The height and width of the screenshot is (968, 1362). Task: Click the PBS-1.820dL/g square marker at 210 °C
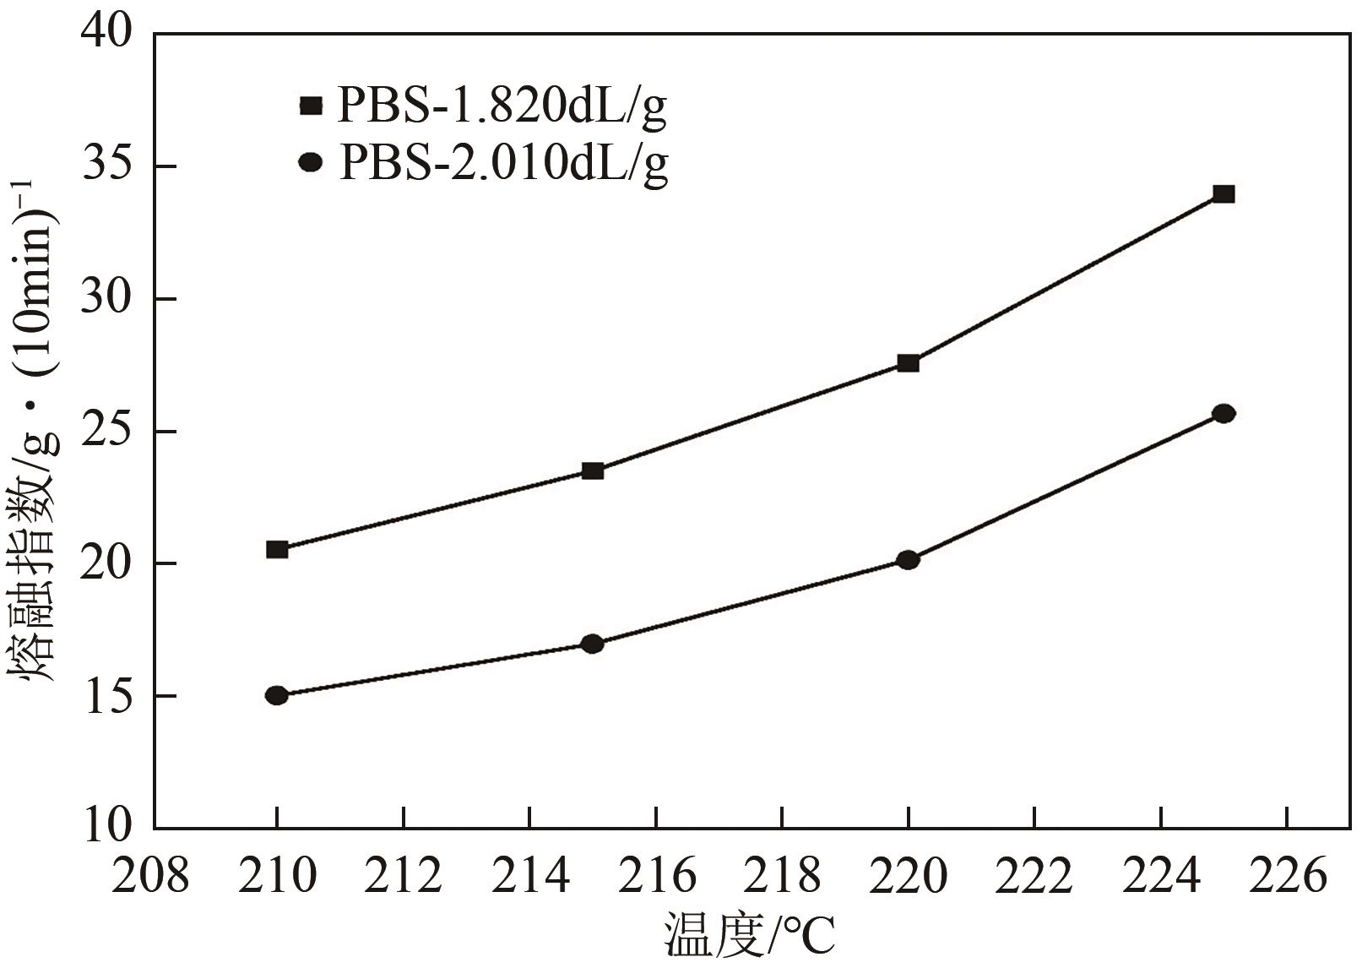[x=277, y=549]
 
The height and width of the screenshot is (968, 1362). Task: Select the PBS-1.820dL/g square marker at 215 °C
[x=593, y=470]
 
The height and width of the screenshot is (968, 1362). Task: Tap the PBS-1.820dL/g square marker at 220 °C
[x=908, y=363]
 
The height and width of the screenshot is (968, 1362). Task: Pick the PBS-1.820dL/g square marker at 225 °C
[x=1224, y=194]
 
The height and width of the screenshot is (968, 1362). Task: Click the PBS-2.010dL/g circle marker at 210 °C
[x=277, y=695]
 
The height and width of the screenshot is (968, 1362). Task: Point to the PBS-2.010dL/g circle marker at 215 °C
[x=593, y=644]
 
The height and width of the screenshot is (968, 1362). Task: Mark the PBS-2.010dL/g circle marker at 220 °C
[x=908, y=559]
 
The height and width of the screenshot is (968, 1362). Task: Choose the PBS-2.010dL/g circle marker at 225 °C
[x=1224, y=413]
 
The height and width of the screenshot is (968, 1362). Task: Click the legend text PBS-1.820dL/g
[x=502, y=106]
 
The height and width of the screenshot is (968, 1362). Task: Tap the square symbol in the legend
[x=311, y=106]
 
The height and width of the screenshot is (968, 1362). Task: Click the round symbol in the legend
[x=311, y=161]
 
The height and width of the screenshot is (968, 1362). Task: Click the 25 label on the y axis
[x=107, y=431]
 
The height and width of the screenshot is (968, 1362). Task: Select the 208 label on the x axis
[x=150, y=877]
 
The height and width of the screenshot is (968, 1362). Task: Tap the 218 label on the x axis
[x=782, y=877]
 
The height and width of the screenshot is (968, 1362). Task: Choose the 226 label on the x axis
[x=1287, y=877]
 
